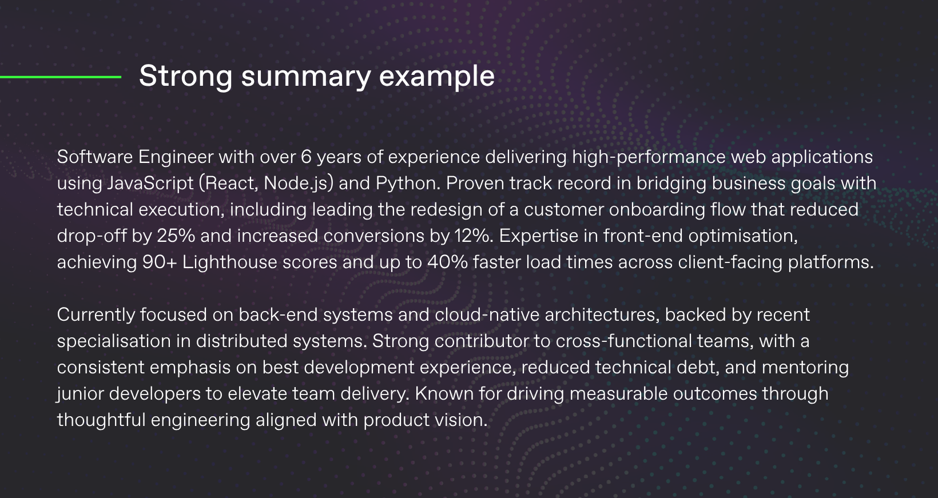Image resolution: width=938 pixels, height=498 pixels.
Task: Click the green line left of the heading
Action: pyautogui.click(x=60, y=77)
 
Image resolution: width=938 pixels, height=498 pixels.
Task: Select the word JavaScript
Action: pyautogui.click(x=150, y=184)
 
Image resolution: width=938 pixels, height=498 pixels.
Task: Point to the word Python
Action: pyautogui.click(x=408, y=184)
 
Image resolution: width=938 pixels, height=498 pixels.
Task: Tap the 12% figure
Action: pyautogui.click(x=473, y=236)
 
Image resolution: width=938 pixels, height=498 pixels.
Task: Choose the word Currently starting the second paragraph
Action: pyautogui.click(x=96, y=315)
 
